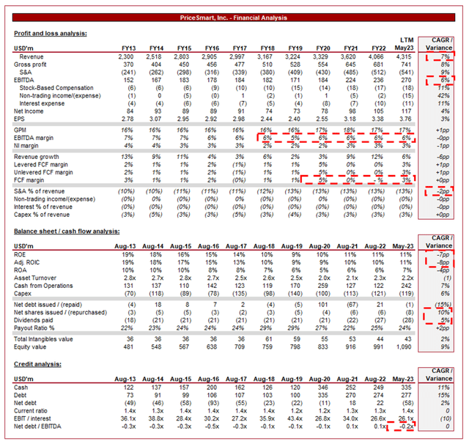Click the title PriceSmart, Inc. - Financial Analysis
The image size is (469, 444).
point(234,18)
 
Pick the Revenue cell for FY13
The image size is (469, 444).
point(122,56)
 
